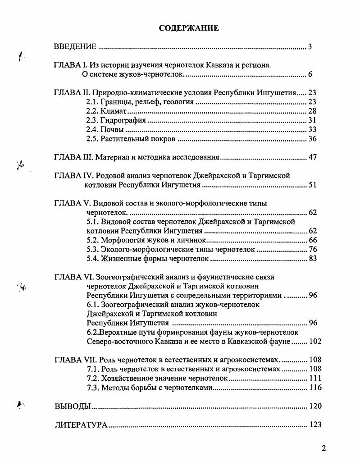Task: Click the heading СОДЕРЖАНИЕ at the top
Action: click(189, 28)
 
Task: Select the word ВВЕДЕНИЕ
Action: click(75, 46)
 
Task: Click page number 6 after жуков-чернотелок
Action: click(310, 74)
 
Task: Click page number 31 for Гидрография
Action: click(312, 120)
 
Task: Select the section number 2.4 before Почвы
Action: click(92, 130)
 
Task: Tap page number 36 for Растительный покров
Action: click(312, 139)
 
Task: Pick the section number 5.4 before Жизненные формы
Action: click(92, 259)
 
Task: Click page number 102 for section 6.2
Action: click(315, 341)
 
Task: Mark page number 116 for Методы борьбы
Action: click(315, 388)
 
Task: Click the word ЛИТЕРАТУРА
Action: click(81, 425)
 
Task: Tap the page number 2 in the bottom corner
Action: click(324, 448)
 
